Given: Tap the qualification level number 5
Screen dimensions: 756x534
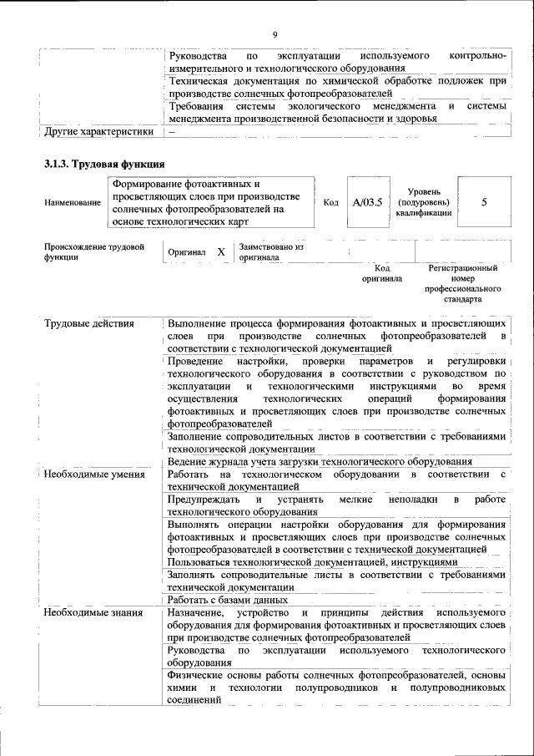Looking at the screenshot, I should click(484, 202).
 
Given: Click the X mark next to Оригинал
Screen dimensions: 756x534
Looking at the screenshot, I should click(220, 251).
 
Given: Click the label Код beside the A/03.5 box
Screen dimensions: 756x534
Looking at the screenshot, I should click(330, 202).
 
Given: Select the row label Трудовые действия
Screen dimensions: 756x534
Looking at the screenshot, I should click(89, 322).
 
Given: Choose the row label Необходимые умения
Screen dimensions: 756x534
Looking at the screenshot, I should click(94, 475).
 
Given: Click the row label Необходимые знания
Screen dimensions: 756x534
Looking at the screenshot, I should click(92, 613).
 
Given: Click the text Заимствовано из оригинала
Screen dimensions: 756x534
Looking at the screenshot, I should click(270, 252).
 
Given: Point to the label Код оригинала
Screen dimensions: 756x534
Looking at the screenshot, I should click(381, 273).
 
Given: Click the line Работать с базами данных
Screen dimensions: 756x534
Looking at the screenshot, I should click(228, 600).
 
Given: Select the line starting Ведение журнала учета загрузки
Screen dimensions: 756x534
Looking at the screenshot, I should click(320, 461).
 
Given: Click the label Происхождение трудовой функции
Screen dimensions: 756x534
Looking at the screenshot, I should click(94, 252).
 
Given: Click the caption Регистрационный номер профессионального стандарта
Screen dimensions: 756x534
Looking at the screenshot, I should click(463, 283).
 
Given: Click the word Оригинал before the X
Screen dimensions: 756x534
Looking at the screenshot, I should click(187, 251).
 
